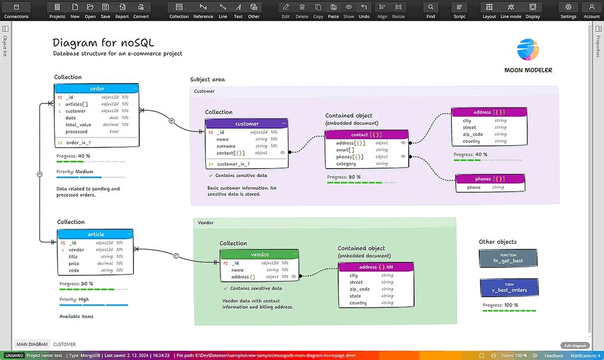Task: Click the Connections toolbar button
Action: [16, 10]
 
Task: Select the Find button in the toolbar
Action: [431, 10]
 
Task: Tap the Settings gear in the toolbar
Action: [568, 10]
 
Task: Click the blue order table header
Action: [97, 89]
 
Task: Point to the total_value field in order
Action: [78, 125]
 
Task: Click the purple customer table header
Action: [247, 124]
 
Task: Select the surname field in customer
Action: [226, 146]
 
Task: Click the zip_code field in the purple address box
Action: [472, 134]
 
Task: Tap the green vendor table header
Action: [260, 254]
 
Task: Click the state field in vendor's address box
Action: [355, 296]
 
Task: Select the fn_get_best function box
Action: [508, 258]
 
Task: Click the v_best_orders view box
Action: [508, 287]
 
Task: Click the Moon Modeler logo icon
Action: [528, 50]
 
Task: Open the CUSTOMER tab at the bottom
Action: [64, 344]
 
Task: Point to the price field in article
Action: [74, 264]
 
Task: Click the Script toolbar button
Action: [459, 10]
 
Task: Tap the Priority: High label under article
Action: [74, 299]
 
